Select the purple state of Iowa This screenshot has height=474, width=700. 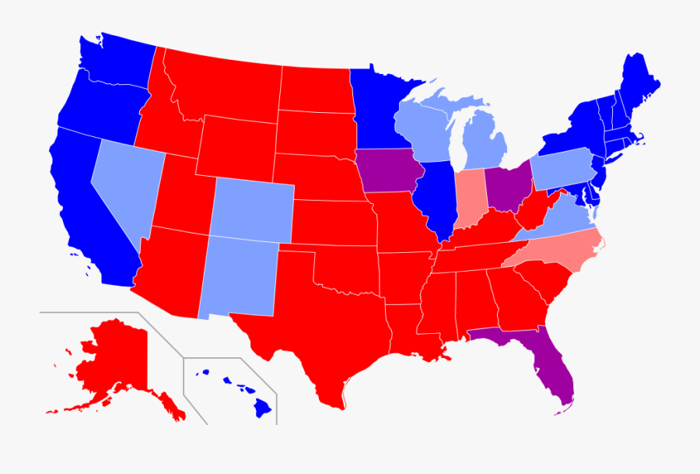387,170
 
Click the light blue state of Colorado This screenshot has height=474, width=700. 252,210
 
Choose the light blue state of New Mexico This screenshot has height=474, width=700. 237,276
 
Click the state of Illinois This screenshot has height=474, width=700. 432,198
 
